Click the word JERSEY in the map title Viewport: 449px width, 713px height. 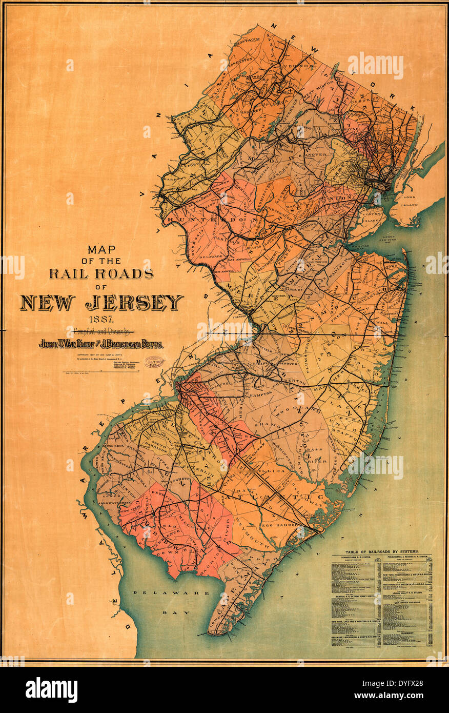134,303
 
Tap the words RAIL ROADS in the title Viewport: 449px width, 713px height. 101,273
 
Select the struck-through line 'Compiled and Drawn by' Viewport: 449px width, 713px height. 101,331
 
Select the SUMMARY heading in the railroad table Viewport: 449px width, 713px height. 407,634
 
